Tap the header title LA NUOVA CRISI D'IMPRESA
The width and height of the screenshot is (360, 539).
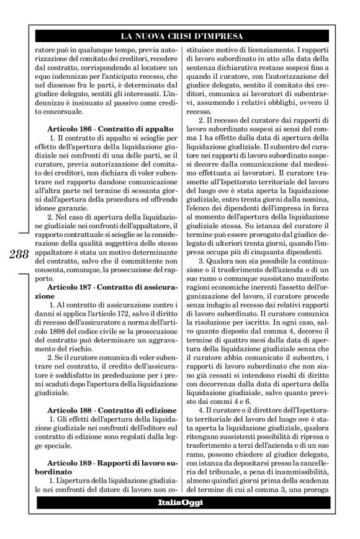pyautogui.click(x=180, y=36)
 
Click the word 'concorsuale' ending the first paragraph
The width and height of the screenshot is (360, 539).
pyautogui.click(x=68, y=114)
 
